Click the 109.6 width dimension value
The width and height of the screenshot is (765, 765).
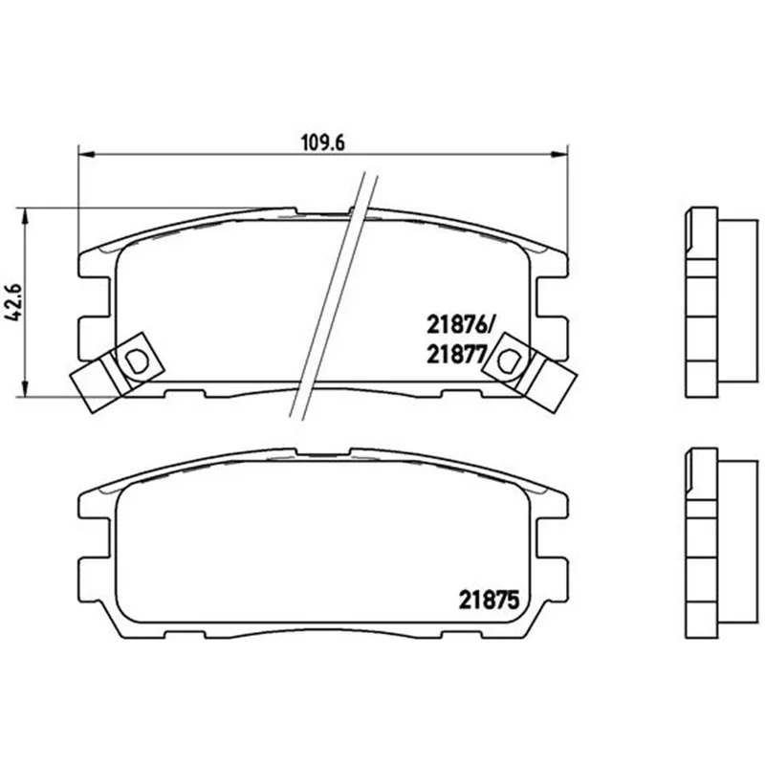pos(322,142)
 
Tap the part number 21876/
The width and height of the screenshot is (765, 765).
pos(461,324)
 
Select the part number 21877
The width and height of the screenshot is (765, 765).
pos(457,354)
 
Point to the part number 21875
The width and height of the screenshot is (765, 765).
pos(489,601)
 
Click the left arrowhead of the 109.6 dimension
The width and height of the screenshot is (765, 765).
pos(85,155)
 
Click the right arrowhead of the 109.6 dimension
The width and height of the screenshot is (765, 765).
pos(559,155)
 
